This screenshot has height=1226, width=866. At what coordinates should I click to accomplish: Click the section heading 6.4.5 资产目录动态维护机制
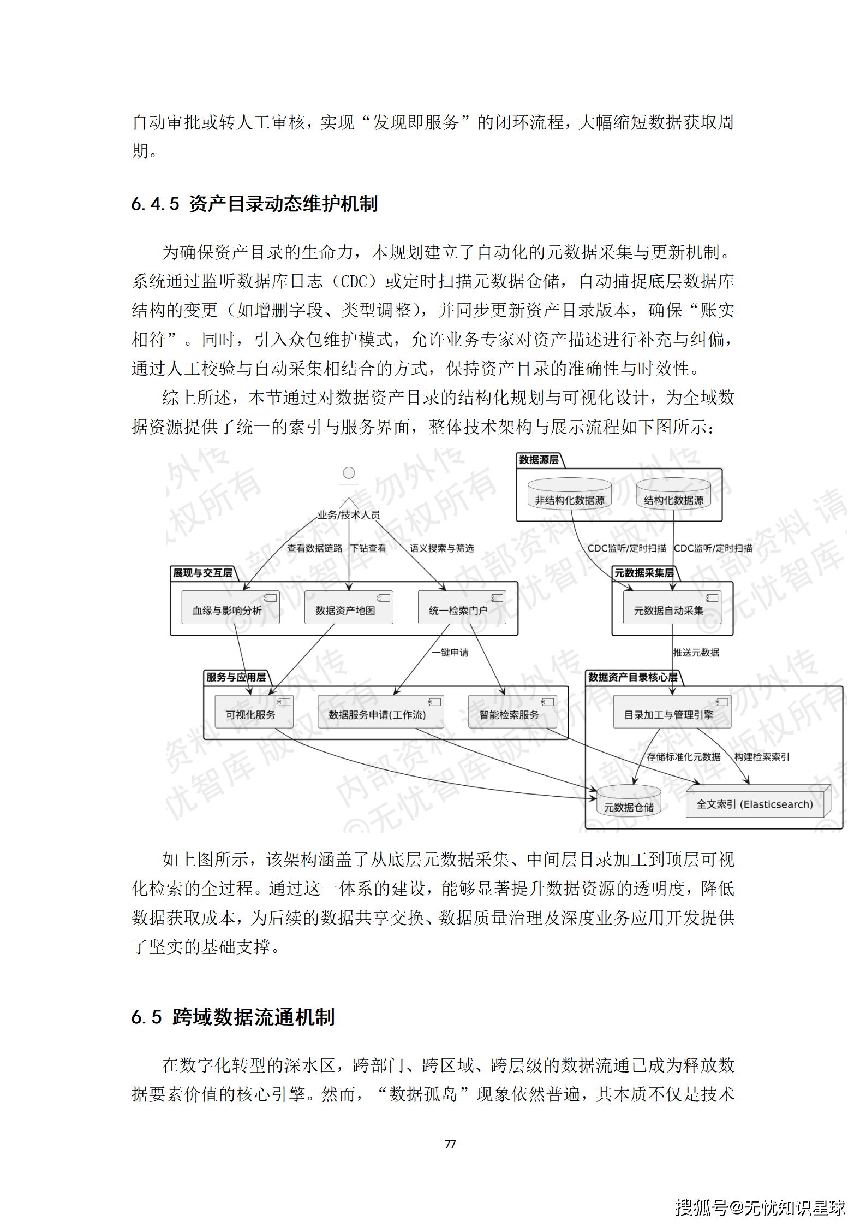point(254,204)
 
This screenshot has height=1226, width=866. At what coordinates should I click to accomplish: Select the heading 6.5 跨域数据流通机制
point(233,1017)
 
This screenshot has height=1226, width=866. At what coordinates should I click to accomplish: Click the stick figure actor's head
point(349,472)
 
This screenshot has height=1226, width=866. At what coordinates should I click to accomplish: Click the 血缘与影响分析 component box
point(230,607)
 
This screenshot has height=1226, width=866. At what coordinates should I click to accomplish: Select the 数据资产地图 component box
point(348,607)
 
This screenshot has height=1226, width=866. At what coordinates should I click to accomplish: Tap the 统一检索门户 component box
point(462,607)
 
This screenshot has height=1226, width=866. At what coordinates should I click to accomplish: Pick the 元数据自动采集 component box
point(672,607)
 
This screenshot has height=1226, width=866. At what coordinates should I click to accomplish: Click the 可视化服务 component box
point(254,712)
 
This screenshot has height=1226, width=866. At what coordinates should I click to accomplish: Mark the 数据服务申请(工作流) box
point(380,712)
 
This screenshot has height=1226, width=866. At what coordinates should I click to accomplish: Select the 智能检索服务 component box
point(512,712)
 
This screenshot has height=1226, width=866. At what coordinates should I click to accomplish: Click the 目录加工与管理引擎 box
point(672,712)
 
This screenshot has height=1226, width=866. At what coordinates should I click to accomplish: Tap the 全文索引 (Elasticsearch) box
point(757,802)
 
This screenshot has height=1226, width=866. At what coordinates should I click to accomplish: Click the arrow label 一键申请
point(450,653)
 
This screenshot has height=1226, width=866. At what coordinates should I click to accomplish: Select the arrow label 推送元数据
point(696,653)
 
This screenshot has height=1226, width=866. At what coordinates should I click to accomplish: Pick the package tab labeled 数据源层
point(539,460)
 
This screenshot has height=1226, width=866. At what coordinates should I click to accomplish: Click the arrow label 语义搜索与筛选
point(442,548)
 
